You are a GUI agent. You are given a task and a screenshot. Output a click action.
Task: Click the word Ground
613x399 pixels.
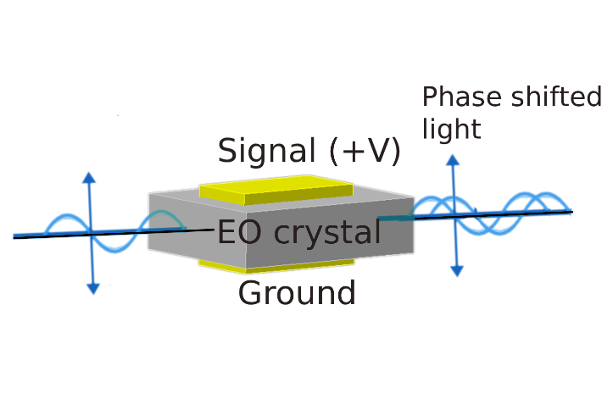[x=297, y=293]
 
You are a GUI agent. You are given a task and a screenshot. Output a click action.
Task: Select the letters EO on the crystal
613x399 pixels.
[x=237, y=230]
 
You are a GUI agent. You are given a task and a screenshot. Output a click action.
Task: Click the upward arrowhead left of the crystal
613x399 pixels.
[x=89, y=178]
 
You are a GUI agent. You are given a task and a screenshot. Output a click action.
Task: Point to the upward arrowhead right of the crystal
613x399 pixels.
[x=454, y=160]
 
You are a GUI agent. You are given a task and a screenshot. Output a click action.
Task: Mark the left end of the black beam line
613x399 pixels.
[x=15, y=237]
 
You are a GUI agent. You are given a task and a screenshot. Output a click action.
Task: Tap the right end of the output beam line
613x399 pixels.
[x=571, y=211]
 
